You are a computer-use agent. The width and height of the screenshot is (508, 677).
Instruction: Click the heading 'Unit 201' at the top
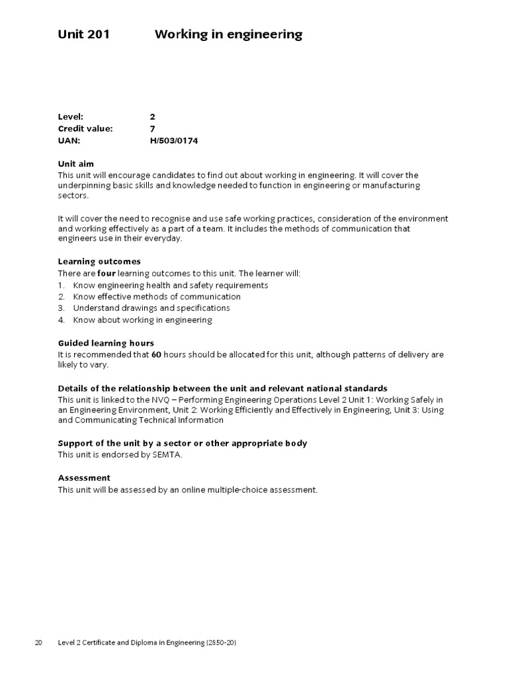[x=83, y=34]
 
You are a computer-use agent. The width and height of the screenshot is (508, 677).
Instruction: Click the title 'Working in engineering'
[x=228, y=34]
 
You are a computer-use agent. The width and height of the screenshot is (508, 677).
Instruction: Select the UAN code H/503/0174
[x=174, y=141]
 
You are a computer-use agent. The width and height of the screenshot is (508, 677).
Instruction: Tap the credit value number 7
[x=153, y=129]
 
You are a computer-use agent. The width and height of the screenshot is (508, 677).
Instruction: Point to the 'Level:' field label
[x=71, y=117]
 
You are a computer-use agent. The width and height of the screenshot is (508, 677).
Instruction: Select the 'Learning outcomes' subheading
[x=99, y=261]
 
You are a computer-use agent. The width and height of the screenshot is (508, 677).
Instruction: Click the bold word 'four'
[x=106, y=273]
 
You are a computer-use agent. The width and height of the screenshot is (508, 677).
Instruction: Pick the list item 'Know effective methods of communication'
[x=157, y=297]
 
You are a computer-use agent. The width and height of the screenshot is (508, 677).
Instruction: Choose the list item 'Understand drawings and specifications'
[x=151, y=308]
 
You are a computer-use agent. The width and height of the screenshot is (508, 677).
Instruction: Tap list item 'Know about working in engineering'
[x=142, y=320]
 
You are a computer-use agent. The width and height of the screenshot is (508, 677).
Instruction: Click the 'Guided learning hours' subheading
[x=106, y=343]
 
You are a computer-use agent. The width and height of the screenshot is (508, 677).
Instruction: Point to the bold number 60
[x=156, y=355]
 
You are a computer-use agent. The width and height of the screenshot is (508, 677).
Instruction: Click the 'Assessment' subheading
[x=84, y=477]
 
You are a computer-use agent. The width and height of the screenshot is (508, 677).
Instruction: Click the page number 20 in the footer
[x=39, y=643]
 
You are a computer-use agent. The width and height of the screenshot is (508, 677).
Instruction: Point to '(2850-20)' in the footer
[x=222, y=643]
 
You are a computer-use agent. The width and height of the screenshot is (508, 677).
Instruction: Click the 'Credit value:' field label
[x=85, y=129]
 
